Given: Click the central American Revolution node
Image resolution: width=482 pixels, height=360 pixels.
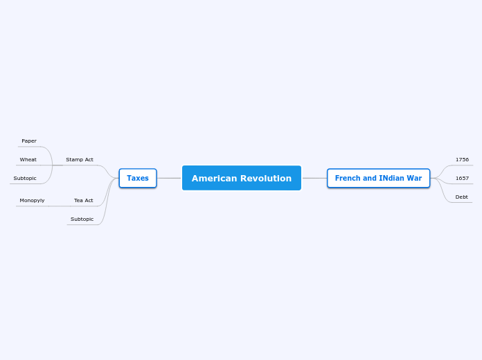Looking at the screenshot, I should click(241, 178).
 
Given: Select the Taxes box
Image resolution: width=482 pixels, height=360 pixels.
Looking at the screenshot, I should click(138, 178).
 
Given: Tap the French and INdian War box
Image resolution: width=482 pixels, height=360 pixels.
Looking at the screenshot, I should click(378, 178).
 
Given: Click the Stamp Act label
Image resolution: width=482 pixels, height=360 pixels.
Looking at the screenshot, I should click(80, 159).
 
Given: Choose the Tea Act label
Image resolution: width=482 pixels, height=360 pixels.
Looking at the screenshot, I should click(84, 200).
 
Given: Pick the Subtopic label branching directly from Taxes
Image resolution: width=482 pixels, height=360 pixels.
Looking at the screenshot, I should click(82, 219).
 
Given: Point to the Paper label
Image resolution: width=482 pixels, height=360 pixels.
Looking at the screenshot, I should click(29, 141).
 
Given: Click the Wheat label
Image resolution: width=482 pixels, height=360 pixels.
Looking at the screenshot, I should click(28, 159).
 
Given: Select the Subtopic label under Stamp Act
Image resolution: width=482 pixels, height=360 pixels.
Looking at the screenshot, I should click(25, 178).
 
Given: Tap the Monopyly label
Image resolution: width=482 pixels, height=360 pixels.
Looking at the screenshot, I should click(32, 200).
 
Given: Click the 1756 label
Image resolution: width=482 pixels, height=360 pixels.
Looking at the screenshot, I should click(462, 159).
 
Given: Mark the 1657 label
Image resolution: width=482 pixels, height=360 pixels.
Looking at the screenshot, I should click(462, 178).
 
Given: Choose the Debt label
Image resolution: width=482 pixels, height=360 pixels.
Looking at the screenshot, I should click(462, 197).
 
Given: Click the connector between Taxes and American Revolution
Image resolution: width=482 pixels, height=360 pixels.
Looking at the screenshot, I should click(169, 178).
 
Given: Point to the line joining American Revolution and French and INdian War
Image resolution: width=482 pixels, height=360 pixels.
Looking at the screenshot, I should click(314, 178).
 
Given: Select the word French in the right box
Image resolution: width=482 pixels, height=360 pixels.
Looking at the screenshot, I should click(348, 178).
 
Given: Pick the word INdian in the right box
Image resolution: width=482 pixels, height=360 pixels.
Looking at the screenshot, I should click(388, 178).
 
